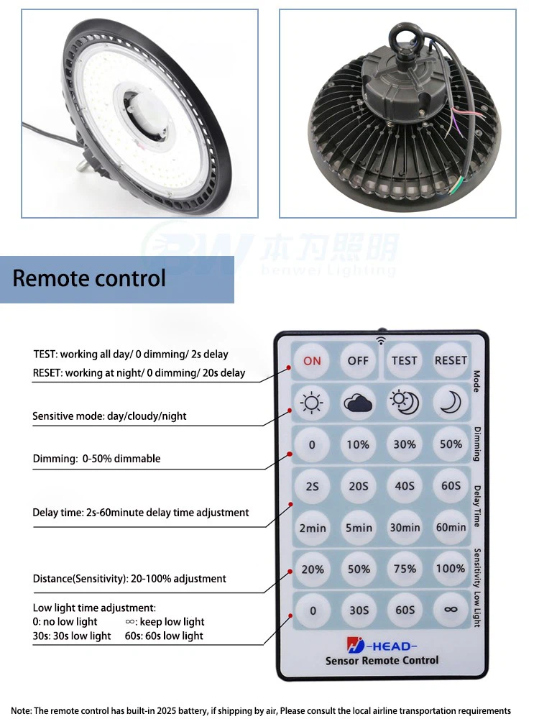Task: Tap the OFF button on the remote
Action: point(358,361)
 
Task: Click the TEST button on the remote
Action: point(405,361)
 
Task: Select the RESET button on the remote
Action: point(451,361)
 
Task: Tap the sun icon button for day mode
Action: point(312,403)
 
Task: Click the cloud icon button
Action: point(358,403)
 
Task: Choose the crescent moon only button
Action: point(451,403)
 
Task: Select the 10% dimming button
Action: point(358,445)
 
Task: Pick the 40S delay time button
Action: point(405,486)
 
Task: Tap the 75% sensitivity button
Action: point(405,569)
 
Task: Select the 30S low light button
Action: point(358,610)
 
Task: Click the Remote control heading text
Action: point(89,278)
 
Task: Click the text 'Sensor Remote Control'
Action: point(382,661)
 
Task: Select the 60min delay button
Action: point(451,528)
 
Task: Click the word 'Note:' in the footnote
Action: point(22,710)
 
